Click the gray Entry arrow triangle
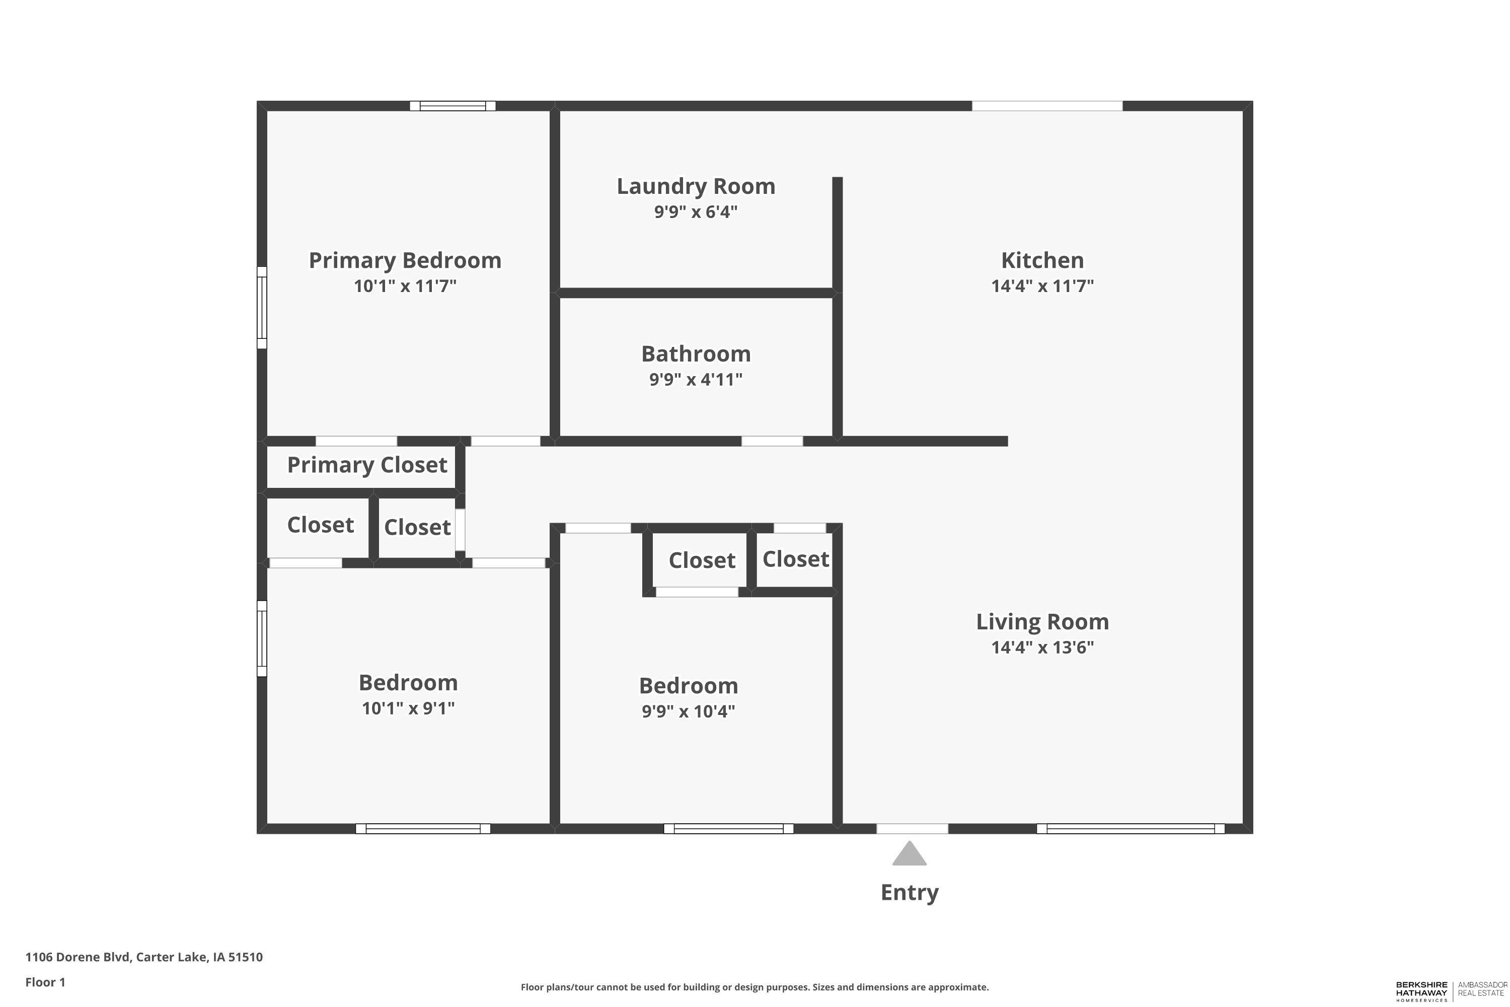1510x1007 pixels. tap(909, 854)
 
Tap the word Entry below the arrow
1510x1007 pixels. tap(909, 893)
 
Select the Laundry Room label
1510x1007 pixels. tap(696, 186)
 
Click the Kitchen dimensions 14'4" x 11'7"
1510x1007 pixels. tap(1042, 286)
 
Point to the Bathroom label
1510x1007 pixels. tap(696, 354)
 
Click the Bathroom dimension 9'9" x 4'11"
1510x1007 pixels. tap(696, 380)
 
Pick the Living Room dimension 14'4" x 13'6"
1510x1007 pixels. tap(1042, 648)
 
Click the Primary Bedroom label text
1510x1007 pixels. tap(405, 261)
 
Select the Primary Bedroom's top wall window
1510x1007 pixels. tap(452, 106)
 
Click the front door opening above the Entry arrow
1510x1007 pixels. tap(912, 828)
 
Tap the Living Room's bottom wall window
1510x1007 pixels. tap(1130, 828)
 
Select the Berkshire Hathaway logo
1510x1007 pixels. tap(1451, 991)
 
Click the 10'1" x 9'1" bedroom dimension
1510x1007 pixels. tap(408, 708)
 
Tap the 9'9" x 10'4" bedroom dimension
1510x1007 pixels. tap(688, 711)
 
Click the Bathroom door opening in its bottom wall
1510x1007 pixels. tap(772, 441)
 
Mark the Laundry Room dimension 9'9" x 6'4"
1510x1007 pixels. tap(696, 212)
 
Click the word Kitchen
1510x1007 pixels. tap(1042, 261)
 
